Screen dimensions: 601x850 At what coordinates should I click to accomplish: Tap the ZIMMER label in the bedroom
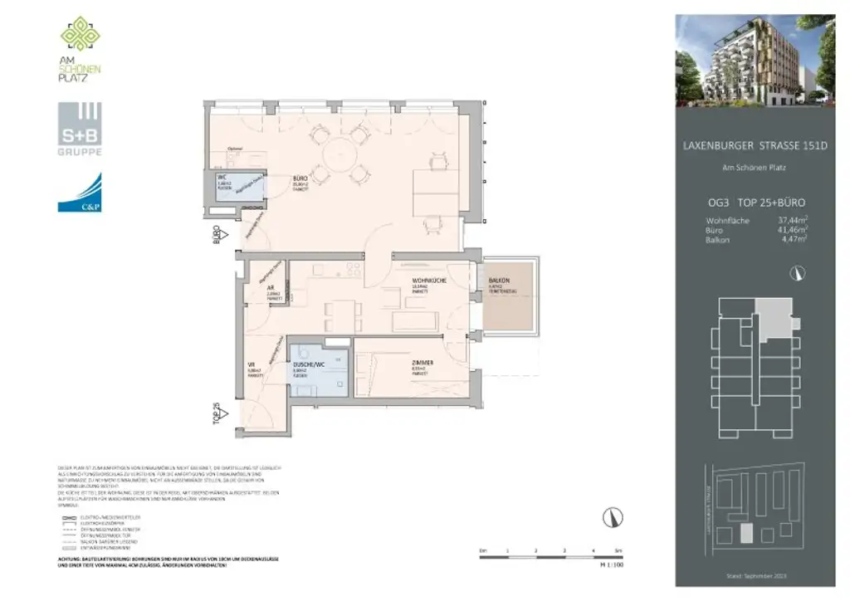[x=421, y=364]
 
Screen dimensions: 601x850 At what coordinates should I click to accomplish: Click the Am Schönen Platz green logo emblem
[x=81, y=34]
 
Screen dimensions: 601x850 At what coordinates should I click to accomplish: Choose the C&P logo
[x=80, y=193]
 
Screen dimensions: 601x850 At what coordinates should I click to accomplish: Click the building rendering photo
[x=754, y=61]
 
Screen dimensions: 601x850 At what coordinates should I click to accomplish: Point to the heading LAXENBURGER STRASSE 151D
[x=755, y=146]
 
